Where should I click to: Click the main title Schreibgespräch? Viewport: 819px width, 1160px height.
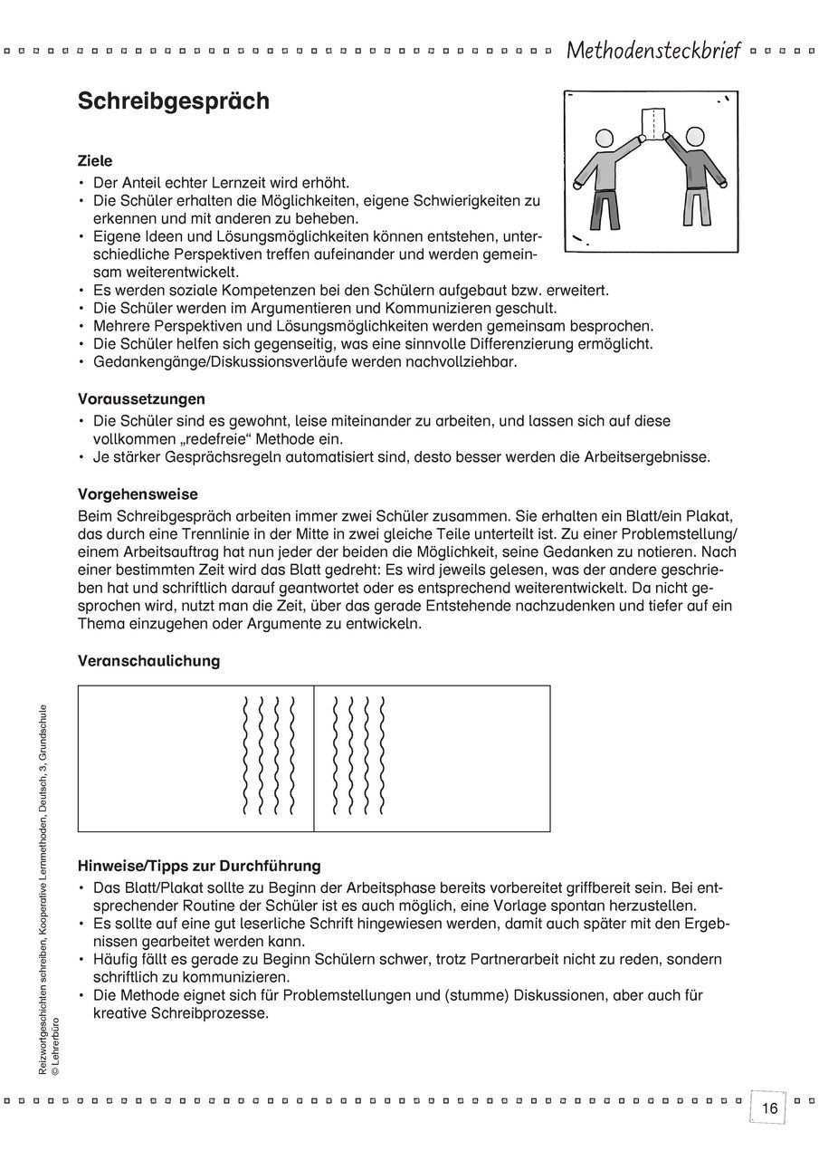[x=173, y=101]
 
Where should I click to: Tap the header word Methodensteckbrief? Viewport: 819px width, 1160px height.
[x=653, y=51]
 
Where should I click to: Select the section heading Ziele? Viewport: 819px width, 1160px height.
[x=95, y=161]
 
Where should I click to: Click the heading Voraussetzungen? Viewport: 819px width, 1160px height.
[x=141, y=398]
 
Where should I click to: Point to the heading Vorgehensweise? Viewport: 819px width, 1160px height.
[x=138, y=494]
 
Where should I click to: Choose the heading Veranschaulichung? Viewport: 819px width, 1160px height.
[x=148, y=661]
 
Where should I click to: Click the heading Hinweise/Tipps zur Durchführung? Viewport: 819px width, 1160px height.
[x=199, y=867]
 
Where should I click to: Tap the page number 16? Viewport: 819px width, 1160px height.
[x=769, y=1108]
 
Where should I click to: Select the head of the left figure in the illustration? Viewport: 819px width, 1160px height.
[x=605, y=140]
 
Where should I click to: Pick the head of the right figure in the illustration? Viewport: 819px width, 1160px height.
[x=694, y=137]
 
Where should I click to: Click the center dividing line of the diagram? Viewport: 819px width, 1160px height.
[x=314, y=759]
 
